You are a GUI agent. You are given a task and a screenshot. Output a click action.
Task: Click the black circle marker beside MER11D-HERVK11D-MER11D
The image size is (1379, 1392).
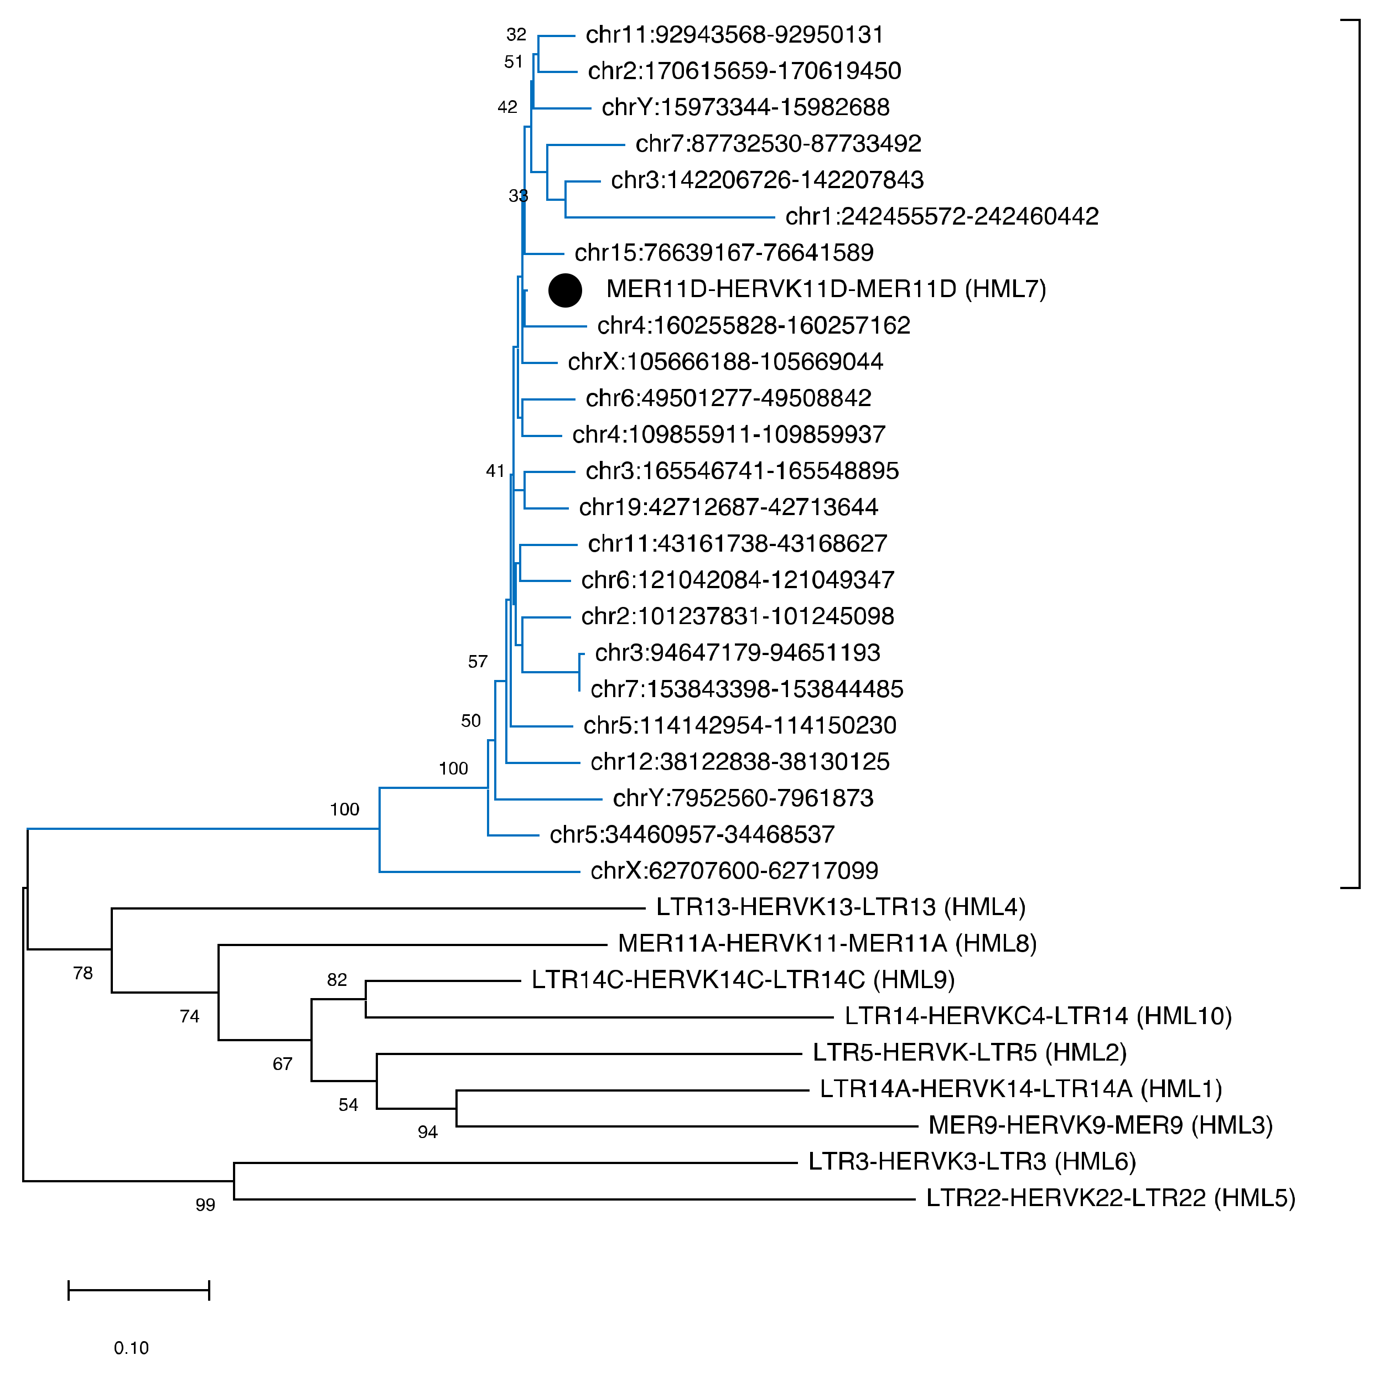click(565, 290)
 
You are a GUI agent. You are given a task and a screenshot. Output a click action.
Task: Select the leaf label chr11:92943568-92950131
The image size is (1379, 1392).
click(734, 35)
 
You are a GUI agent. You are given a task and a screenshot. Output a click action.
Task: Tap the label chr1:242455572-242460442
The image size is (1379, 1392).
click(942, 216)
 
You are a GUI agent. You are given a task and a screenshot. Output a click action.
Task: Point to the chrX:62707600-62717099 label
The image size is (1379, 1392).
click(734, 870)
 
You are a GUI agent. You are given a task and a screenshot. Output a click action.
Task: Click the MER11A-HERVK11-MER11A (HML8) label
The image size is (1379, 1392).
click(827, 943)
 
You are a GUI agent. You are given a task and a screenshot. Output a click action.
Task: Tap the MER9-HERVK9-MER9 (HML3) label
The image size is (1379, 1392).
click(1100, 1125)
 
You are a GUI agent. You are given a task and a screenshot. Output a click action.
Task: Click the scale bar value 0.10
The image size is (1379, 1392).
click(131, 1348)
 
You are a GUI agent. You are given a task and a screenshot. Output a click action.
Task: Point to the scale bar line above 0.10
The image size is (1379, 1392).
click(138, 1290)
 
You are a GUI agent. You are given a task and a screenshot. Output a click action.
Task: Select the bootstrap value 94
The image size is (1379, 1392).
click(427, 1132)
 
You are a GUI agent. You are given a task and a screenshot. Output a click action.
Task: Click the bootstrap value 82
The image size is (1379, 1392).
click(336, 980)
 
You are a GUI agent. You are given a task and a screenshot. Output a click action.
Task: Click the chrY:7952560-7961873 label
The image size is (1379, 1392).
click(743, 798)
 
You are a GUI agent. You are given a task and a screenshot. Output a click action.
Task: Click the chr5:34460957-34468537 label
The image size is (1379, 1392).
click(692, 834)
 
